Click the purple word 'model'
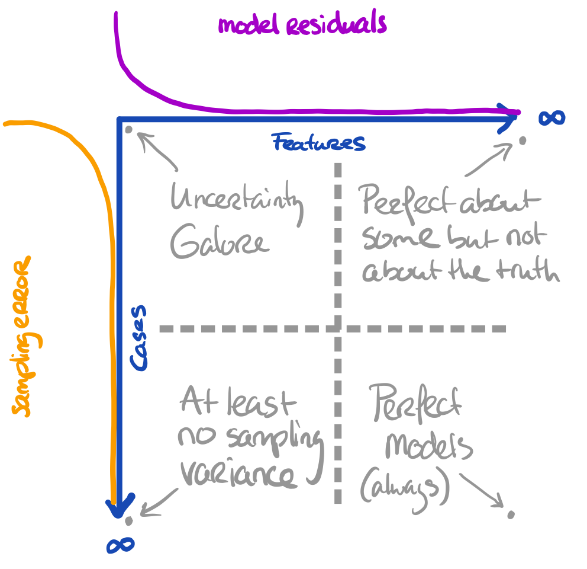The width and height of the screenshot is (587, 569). (249, 25)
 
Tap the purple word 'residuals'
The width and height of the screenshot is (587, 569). (337, 24)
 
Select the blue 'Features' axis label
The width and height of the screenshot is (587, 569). (318, 143)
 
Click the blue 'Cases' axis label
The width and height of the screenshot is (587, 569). (139, 338)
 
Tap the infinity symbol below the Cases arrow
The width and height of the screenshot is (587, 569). (120, 545)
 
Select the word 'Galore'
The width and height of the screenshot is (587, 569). (218, 242)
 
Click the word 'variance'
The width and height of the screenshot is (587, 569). (237, 474)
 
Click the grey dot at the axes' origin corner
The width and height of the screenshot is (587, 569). (128, 128)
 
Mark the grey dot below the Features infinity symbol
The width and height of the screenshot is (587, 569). (522, 141)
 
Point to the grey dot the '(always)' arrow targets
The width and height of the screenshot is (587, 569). (510, 514)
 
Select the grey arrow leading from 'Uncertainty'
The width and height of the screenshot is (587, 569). (159, 151)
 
